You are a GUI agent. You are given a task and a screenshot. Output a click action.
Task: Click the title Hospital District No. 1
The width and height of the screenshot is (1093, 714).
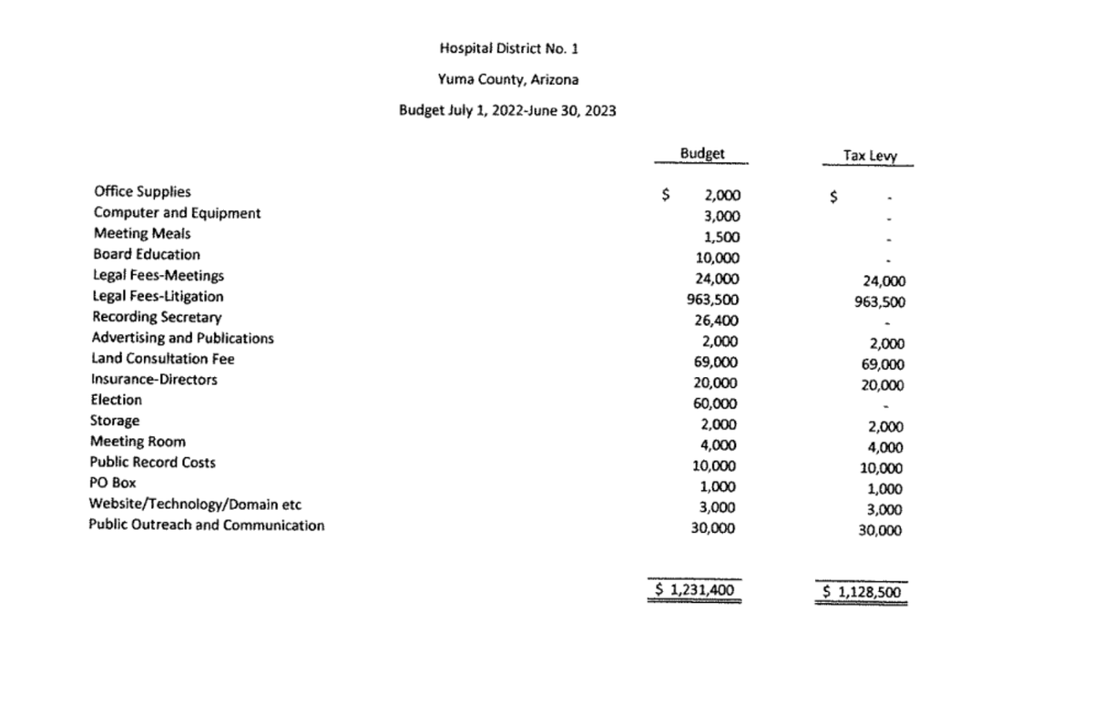click(508, 47)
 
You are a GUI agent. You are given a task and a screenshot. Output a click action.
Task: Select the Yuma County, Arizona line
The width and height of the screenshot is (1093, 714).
click(508, 79)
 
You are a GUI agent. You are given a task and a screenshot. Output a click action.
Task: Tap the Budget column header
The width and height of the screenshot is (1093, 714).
click(702, 154)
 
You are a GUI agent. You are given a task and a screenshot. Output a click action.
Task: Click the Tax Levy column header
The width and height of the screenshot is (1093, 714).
click(870, 156)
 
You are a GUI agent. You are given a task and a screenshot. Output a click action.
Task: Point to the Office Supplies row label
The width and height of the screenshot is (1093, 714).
click(142, 191)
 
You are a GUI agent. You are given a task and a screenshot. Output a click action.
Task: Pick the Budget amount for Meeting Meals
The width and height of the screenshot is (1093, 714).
click(721, 237)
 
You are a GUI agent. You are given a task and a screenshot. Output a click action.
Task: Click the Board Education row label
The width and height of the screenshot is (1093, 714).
click(147, 254)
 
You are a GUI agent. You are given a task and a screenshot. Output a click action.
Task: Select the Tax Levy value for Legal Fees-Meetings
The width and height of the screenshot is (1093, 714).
click(880, 281)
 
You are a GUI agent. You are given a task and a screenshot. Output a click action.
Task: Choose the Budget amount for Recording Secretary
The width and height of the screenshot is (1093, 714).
click(717, 320)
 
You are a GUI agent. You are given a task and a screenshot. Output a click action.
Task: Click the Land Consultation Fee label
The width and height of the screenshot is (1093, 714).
click(163, 358)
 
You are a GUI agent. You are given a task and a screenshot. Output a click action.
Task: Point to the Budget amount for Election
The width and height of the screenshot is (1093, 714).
click(717, 403)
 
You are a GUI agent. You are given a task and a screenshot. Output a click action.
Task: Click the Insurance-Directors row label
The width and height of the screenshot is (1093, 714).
click(154, 379)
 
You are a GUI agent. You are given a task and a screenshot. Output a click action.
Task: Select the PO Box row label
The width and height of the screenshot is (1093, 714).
click(113, 483)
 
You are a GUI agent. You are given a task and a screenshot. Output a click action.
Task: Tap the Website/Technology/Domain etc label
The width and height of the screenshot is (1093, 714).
click(195, 504)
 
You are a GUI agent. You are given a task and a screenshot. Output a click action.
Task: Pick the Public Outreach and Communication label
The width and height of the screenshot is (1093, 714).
click(206, 525)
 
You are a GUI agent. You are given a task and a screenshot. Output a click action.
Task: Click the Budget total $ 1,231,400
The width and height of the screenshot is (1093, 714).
click(695, 589)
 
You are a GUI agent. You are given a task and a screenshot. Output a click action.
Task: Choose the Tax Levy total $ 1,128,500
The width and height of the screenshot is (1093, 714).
click(862, 591)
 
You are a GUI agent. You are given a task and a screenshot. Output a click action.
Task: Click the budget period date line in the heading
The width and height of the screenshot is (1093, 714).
click(507, 111)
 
